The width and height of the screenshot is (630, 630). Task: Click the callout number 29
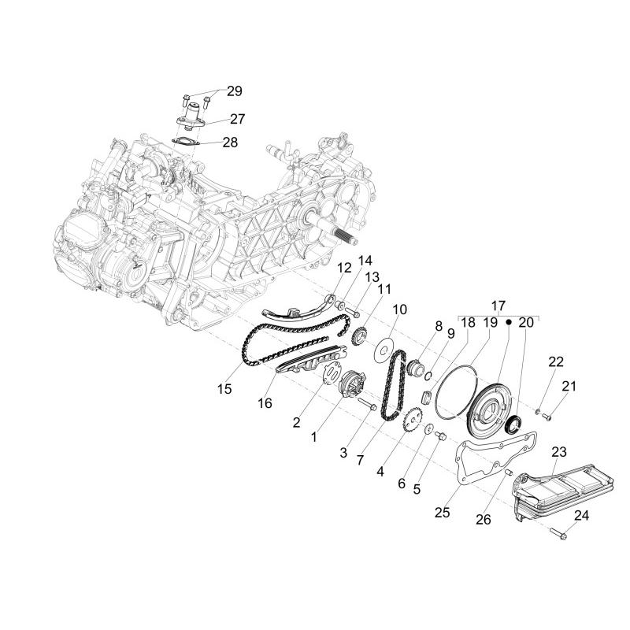pos(235,91)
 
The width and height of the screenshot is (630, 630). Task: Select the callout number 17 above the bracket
pos(498,306)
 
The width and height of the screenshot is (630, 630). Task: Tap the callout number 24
pos(581,516)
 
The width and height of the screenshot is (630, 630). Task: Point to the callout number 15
pos(224,388)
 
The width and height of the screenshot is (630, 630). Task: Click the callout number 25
pos(442,513)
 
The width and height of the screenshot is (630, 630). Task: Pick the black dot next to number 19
pos(508,322)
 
